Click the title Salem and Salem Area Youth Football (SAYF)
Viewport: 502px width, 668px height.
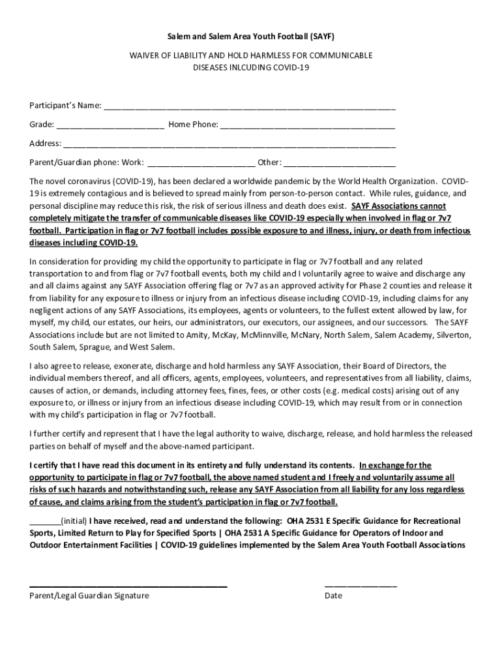252,37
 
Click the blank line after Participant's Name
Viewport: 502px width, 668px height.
249,106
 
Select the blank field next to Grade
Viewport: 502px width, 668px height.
110,125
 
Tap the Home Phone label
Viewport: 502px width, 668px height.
193,125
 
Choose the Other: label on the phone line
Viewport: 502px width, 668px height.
269,162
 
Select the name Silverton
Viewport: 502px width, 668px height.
449,335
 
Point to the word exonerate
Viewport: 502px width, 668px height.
110,366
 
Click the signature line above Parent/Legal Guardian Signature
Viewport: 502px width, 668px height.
128,587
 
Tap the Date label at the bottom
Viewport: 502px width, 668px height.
333,596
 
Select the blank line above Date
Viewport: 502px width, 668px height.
361,587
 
